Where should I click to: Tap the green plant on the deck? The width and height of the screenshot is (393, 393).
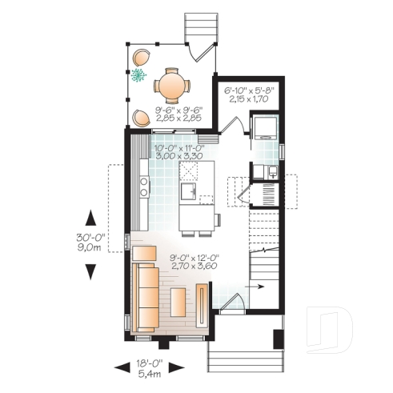pos(138,77)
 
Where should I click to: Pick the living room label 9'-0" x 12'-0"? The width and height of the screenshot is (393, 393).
pos(195,262)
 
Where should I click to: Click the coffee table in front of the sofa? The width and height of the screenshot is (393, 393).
pos(178,303)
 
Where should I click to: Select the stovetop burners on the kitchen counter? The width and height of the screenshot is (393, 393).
pos(143,187)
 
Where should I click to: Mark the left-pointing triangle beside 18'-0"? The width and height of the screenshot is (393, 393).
pos(121,367)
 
